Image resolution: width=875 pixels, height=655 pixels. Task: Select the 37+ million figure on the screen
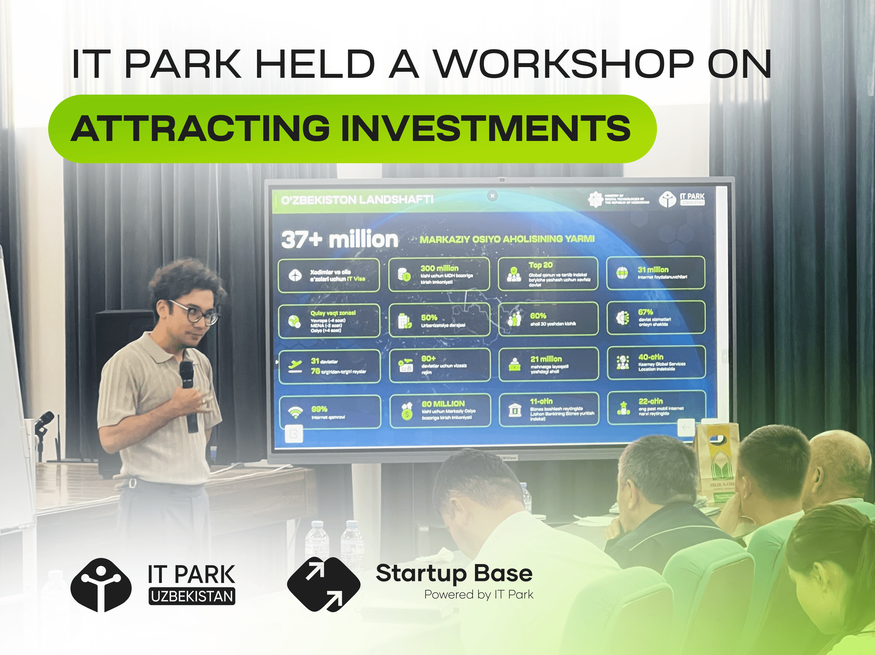coord(340,240)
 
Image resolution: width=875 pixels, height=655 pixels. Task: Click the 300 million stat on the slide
coord(439,268)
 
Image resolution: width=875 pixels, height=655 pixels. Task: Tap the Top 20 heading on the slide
coord(540,265)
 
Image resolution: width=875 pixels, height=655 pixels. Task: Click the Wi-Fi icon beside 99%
coord(294,413)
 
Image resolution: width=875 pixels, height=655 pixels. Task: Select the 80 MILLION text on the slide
coord(443,404)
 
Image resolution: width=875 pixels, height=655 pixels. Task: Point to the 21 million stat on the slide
coord(546,359)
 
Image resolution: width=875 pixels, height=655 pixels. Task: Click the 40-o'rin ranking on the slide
coord(651,357)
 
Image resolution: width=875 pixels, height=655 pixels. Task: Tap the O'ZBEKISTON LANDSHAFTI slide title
coord(357,200)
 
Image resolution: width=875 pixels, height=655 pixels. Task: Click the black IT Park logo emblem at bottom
coord(101,585)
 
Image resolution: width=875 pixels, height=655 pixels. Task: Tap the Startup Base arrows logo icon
coord(324,584)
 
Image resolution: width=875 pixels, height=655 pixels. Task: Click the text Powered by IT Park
coord(479,594)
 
